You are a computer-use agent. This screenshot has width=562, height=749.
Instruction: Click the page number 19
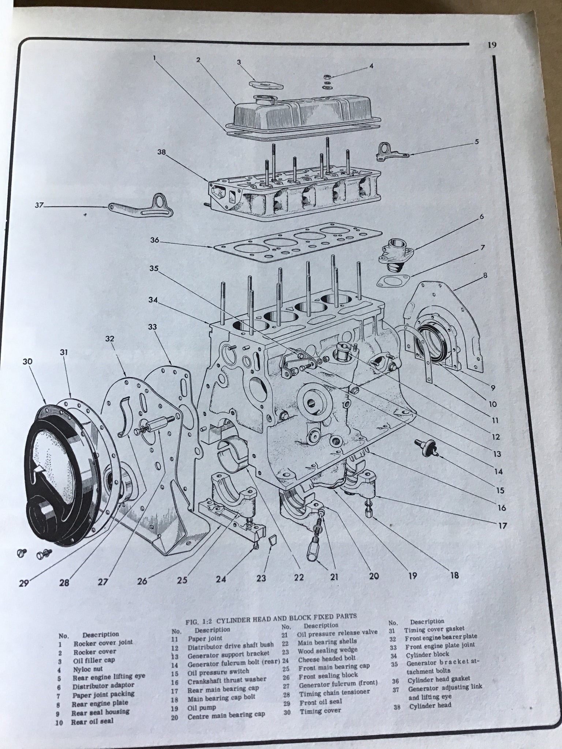point(492,45)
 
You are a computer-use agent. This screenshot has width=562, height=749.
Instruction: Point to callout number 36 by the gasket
point(155,240)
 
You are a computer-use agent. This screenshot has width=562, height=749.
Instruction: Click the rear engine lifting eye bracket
point(389,151)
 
